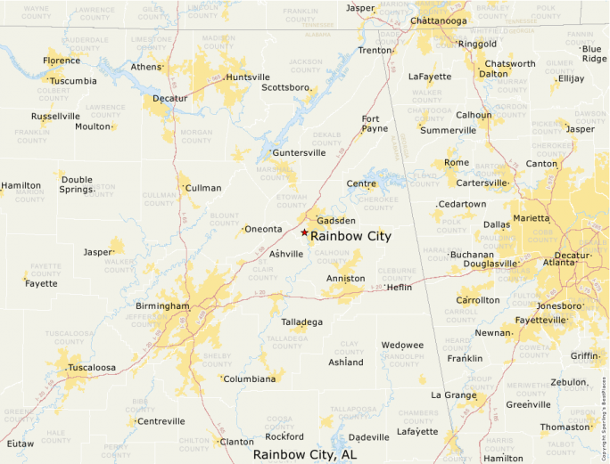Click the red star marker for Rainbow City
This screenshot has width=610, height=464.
tap(304, 232)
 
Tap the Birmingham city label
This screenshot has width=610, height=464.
tap(162, 306)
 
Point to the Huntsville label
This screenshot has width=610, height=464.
tap(247, 77)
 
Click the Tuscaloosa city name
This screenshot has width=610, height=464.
tap(92, 367)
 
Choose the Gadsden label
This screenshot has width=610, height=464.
tap(336, 220)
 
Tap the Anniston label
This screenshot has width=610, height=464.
tap(345, 279)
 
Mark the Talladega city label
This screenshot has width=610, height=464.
tap(302, 322)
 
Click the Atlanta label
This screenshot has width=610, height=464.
tap(559, 263)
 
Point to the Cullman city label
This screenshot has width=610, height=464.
tap(203, 188)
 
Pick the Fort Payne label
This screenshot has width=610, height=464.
tap(375, 124)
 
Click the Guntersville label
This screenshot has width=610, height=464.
tap(299, 152)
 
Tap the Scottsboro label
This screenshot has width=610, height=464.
tap(285, 88)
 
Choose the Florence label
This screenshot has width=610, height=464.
tap(62, 61)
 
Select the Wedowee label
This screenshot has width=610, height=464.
tap(402, 345)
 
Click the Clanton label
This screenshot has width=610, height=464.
tap(236, 441)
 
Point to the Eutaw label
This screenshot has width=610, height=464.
tap(21, 443)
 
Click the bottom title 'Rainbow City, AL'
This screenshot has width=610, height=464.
tap(304, 454)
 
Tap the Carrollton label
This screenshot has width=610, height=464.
tap(478, 300)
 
